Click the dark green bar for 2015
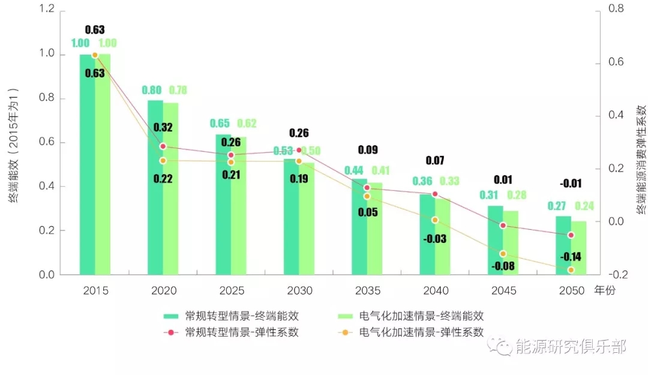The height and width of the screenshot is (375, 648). coord(88,164)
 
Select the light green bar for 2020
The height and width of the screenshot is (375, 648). coord(171,188)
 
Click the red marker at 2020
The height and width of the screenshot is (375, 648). coord(163,146)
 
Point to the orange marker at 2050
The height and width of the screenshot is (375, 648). coord(571,270)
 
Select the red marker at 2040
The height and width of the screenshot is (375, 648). coord(435,194)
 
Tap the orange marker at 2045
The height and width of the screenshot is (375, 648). coord(503,254)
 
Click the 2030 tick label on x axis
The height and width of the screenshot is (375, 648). coord(299,291)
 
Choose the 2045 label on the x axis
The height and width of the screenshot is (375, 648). coord(503,291)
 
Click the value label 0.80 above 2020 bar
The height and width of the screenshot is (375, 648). coord(152,90)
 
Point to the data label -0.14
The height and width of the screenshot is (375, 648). coord(571,257)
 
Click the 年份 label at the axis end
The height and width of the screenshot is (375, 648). coord(604,291)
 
